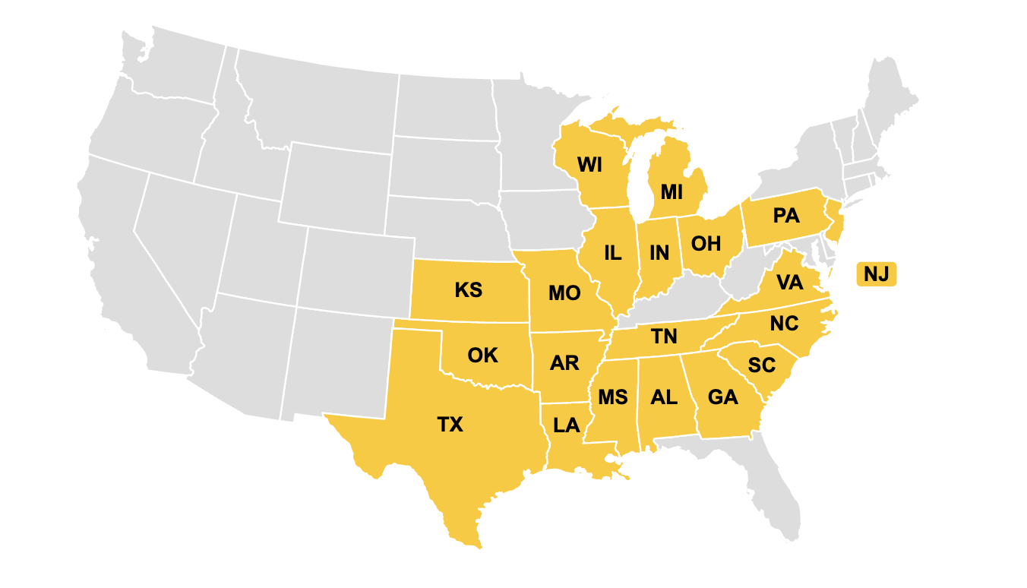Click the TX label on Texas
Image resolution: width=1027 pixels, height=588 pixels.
(450, 424)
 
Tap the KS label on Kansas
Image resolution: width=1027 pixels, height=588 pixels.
(469, 290)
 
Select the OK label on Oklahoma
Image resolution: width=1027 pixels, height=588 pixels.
(482, 355)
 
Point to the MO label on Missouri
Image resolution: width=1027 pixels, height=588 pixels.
(564, 293)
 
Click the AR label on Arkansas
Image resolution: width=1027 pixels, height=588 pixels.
(564, 363)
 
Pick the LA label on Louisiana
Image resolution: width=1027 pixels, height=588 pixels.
(567, 425)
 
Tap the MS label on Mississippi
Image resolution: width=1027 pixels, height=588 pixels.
(612, 397)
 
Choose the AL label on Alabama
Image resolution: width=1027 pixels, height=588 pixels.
(664, 397)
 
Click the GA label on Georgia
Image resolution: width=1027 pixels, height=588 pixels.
(722, 397)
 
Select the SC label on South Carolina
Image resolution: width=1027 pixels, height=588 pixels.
(762, 365)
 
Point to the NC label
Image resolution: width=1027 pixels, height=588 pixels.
(784, 324)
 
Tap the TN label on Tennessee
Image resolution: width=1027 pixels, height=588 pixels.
(664, 337)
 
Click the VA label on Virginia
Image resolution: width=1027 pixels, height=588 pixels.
(790, 283)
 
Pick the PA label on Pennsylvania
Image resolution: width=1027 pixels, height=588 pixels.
(786, 216)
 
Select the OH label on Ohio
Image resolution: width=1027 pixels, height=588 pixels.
(706, 244)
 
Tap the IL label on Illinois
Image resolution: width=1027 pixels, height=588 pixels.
(613, 253)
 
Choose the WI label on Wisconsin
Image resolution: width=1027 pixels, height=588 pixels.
(591, 164)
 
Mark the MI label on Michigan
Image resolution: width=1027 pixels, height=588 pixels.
(671, 191)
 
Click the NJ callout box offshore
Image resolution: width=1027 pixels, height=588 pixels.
(876, 274)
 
